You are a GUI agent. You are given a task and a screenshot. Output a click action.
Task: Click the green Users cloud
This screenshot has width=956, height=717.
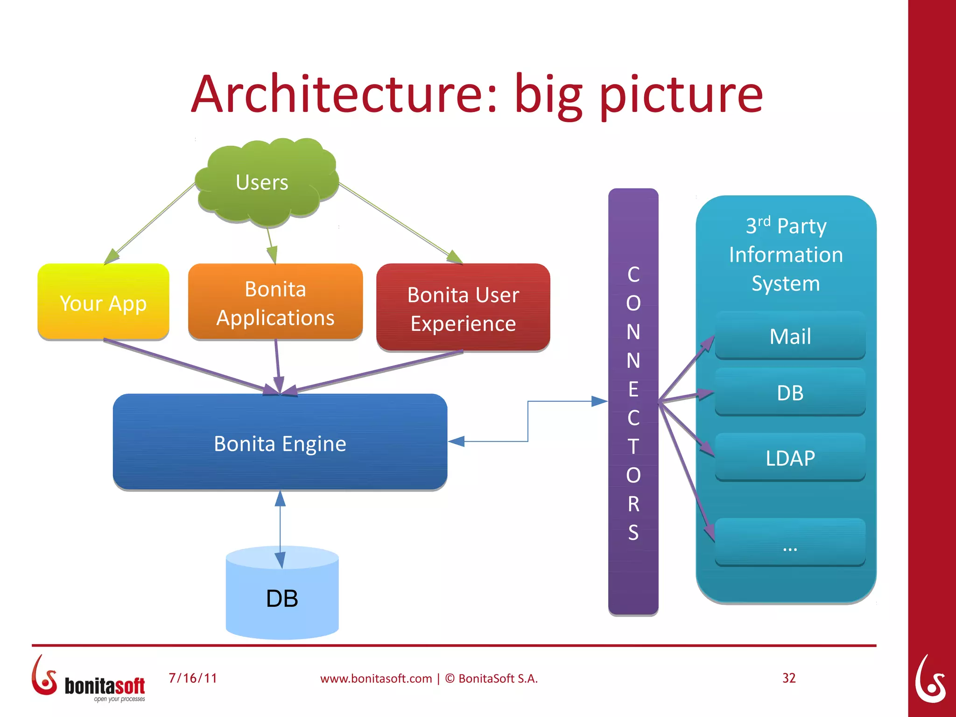point(266,182)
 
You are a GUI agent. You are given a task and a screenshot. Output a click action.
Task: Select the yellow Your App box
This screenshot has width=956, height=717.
point(103,302)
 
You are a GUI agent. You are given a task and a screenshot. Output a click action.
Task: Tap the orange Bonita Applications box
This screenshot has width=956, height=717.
point(275,302)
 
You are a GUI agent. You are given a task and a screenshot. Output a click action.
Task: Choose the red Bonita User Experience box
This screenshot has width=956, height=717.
point(463,308)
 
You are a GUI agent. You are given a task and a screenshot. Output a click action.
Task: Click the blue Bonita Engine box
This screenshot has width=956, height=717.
point(280,443)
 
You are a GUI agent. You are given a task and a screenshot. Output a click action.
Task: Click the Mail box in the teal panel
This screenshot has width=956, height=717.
point(790,336)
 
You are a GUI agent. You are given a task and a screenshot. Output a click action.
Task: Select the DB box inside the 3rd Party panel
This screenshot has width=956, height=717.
point(790,393)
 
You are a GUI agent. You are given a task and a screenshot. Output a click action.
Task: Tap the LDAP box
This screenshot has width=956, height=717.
point(790,458)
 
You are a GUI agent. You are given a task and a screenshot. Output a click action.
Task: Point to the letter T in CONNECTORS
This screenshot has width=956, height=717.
point(633,447)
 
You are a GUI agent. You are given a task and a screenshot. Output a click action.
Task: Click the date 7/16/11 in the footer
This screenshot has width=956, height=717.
point(193,678)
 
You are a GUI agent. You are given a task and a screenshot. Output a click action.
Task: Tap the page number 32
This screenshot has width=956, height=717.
point(789,678)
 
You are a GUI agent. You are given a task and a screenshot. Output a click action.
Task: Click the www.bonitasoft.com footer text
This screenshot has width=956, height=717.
point(376,679)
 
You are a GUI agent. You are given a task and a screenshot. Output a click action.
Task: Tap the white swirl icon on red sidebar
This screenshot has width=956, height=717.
point(930,679)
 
